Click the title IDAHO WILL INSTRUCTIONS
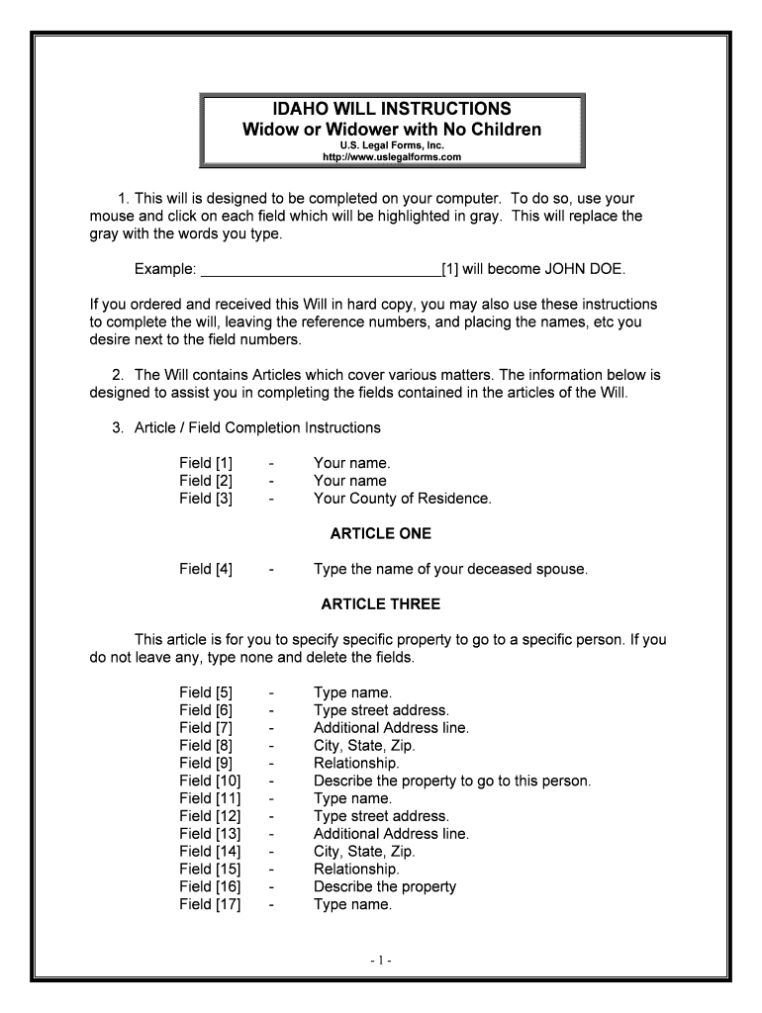tap(392, 109)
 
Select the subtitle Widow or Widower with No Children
tap(392, 130)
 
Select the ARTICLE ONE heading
tap(381, 534)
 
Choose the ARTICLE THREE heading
tap(381, 604)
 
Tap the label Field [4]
tap(206, 570)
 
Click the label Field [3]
tap(206, 499)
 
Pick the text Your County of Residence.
tap(402, 499)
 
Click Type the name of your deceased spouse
tap(450, 570)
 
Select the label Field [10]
tap(210, 782)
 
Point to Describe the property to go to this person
tap(451, 782)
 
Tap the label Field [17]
tap(210, 904)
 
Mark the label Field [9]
tap(206, 764)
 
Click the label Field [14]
tap(210, 852)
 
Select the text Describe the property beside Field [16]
tap(384, 887)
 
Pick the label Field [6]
tap(206, 710)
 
